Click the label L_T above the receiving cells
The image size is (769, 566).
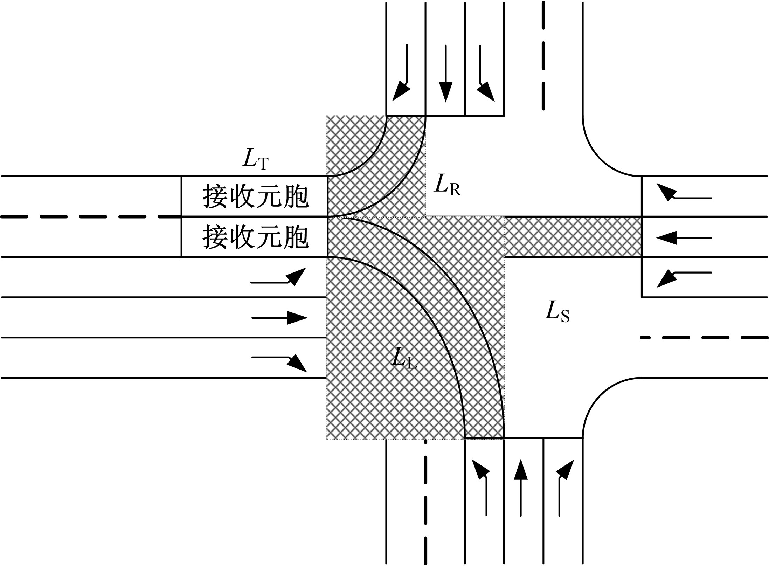tap(255, 160)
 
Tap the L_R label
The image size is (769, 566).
tap(447, 185)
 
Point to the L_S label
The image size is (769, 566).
tap(557, 312)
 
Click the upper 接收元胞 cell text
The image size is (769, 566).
tap(255, 197)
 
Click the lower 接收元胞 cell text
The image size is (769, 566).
tap(255, 237)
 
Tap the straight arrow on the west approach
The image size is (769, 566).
tap(279, 318)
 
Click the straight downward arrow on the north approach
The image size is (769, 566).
tap(445, 74)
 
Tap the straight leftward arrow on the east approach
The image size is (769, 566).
tap(684, 238)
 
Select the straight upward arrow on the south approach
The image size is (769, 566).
tap(521, 487)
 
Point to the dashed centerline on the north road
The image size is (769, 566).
tap(543, 56)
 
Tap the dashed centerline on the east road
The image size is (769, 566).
tap(704, 338)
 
